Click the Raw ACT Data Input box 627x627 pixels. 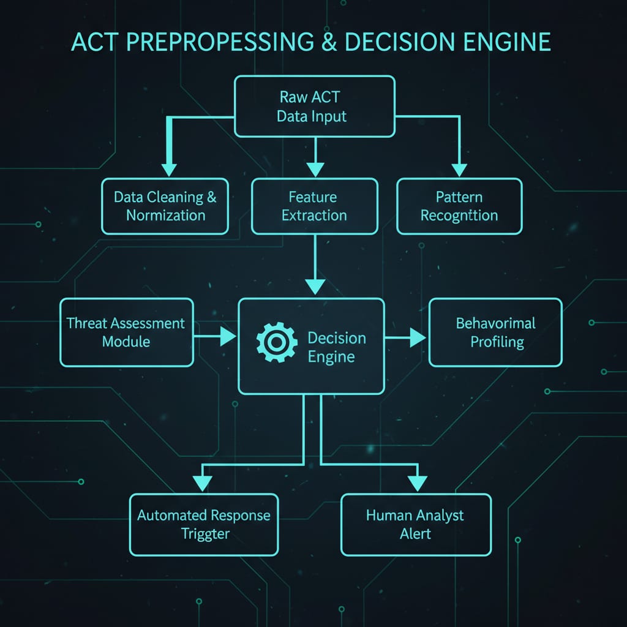coord(314,106)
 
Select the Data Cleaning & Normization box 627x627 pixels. coord(165,206)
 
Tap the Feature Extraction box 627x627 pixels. coord(314,206)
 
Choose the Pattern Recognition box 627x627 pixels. coord(459,206)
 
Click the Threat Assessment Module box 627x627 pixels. coord(126,332)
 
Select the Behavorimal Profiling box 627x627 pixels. coord(495,332)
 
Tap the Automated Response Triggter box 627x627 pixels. coord(204,524)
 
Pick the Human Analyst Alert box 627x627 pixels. coord(416,524)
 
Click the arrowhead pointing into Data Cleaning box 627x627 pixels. coord(168,170)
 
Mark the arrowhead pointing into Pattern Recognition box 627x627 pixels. coord(459,170)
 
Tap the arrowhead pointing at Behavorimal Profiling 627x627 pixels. coord(418,337)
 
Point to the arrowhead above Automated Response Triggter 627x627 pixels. coord(205,484)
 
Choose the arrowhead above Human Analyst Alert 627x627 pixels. coord(417,484)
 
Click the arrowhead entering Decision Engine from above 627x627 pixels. coord(315,286)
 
